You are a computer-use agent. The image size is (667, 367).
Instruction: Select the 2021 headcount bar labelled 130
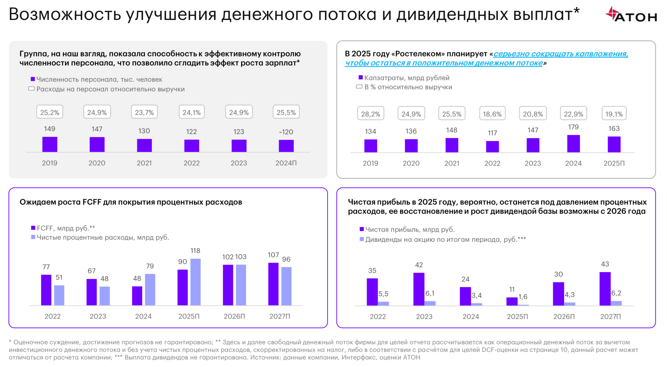pyautogui.click(x=144, y=145)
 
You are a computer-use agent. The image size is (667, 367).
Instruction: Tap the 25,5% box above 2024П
pyautogui.click(x=286, y=112)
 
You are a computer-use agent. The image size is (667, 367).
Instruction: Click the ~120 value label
pyautogui.click(x=286, y=132)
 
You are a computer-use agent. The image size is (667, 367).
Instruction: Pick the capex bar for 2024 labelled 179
pyautogui.click(x=573, y=143)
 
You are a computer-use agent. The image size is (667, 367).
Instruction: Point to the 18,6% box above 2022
pyautogui.click(x=492, y=114)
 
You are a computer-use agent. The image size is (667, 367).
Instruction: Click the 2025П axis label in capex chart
pyautogui.click(x=614, y=163)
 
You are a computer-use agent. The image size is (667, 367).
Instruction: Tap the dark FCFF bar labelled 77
pyautogui.click(x=46, y=290)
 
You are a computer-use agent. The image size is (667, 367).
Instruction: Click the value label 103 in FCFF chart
pyautogui.click(x=240, y=256)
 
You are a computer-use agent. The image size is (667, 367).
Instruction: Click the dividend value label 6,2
pyautogui.click(x=616, y=293)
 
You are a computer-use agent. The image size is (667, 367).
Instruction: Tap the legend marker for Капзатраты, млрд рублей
pyautogui.click(x=360, y=77)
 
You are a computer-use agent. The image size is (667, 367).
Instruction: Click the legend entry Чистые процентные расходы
pyautogui.click(x=103, y=237)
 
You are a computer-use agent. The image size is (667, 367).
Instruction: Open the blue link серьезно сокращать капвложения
pyautogui.click(x=560, y=54)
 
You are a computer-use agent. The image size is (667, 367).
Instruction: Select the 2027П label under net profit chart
pyautogui.click(x=610, y=316)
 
